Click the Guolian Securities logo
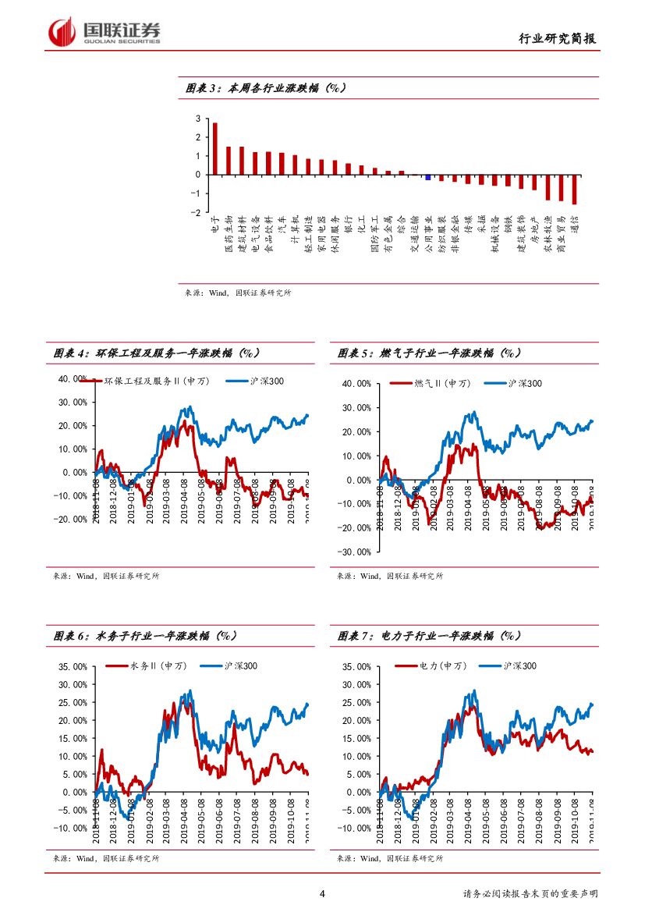click(105, 32)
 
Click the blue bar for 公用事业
click(427, 177)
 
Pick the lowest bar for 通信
click(574, 190)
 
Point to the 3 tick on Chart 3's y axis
click(198, 119)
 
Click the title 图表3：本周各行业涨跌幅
click(266, 88)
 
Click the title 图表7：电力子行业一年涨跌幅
click(430, 636)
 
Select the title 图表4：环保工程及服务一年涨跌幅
click(157, 353)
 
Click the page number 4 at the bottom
click(322, 893)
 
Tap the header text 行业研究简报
click(558, 39)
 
